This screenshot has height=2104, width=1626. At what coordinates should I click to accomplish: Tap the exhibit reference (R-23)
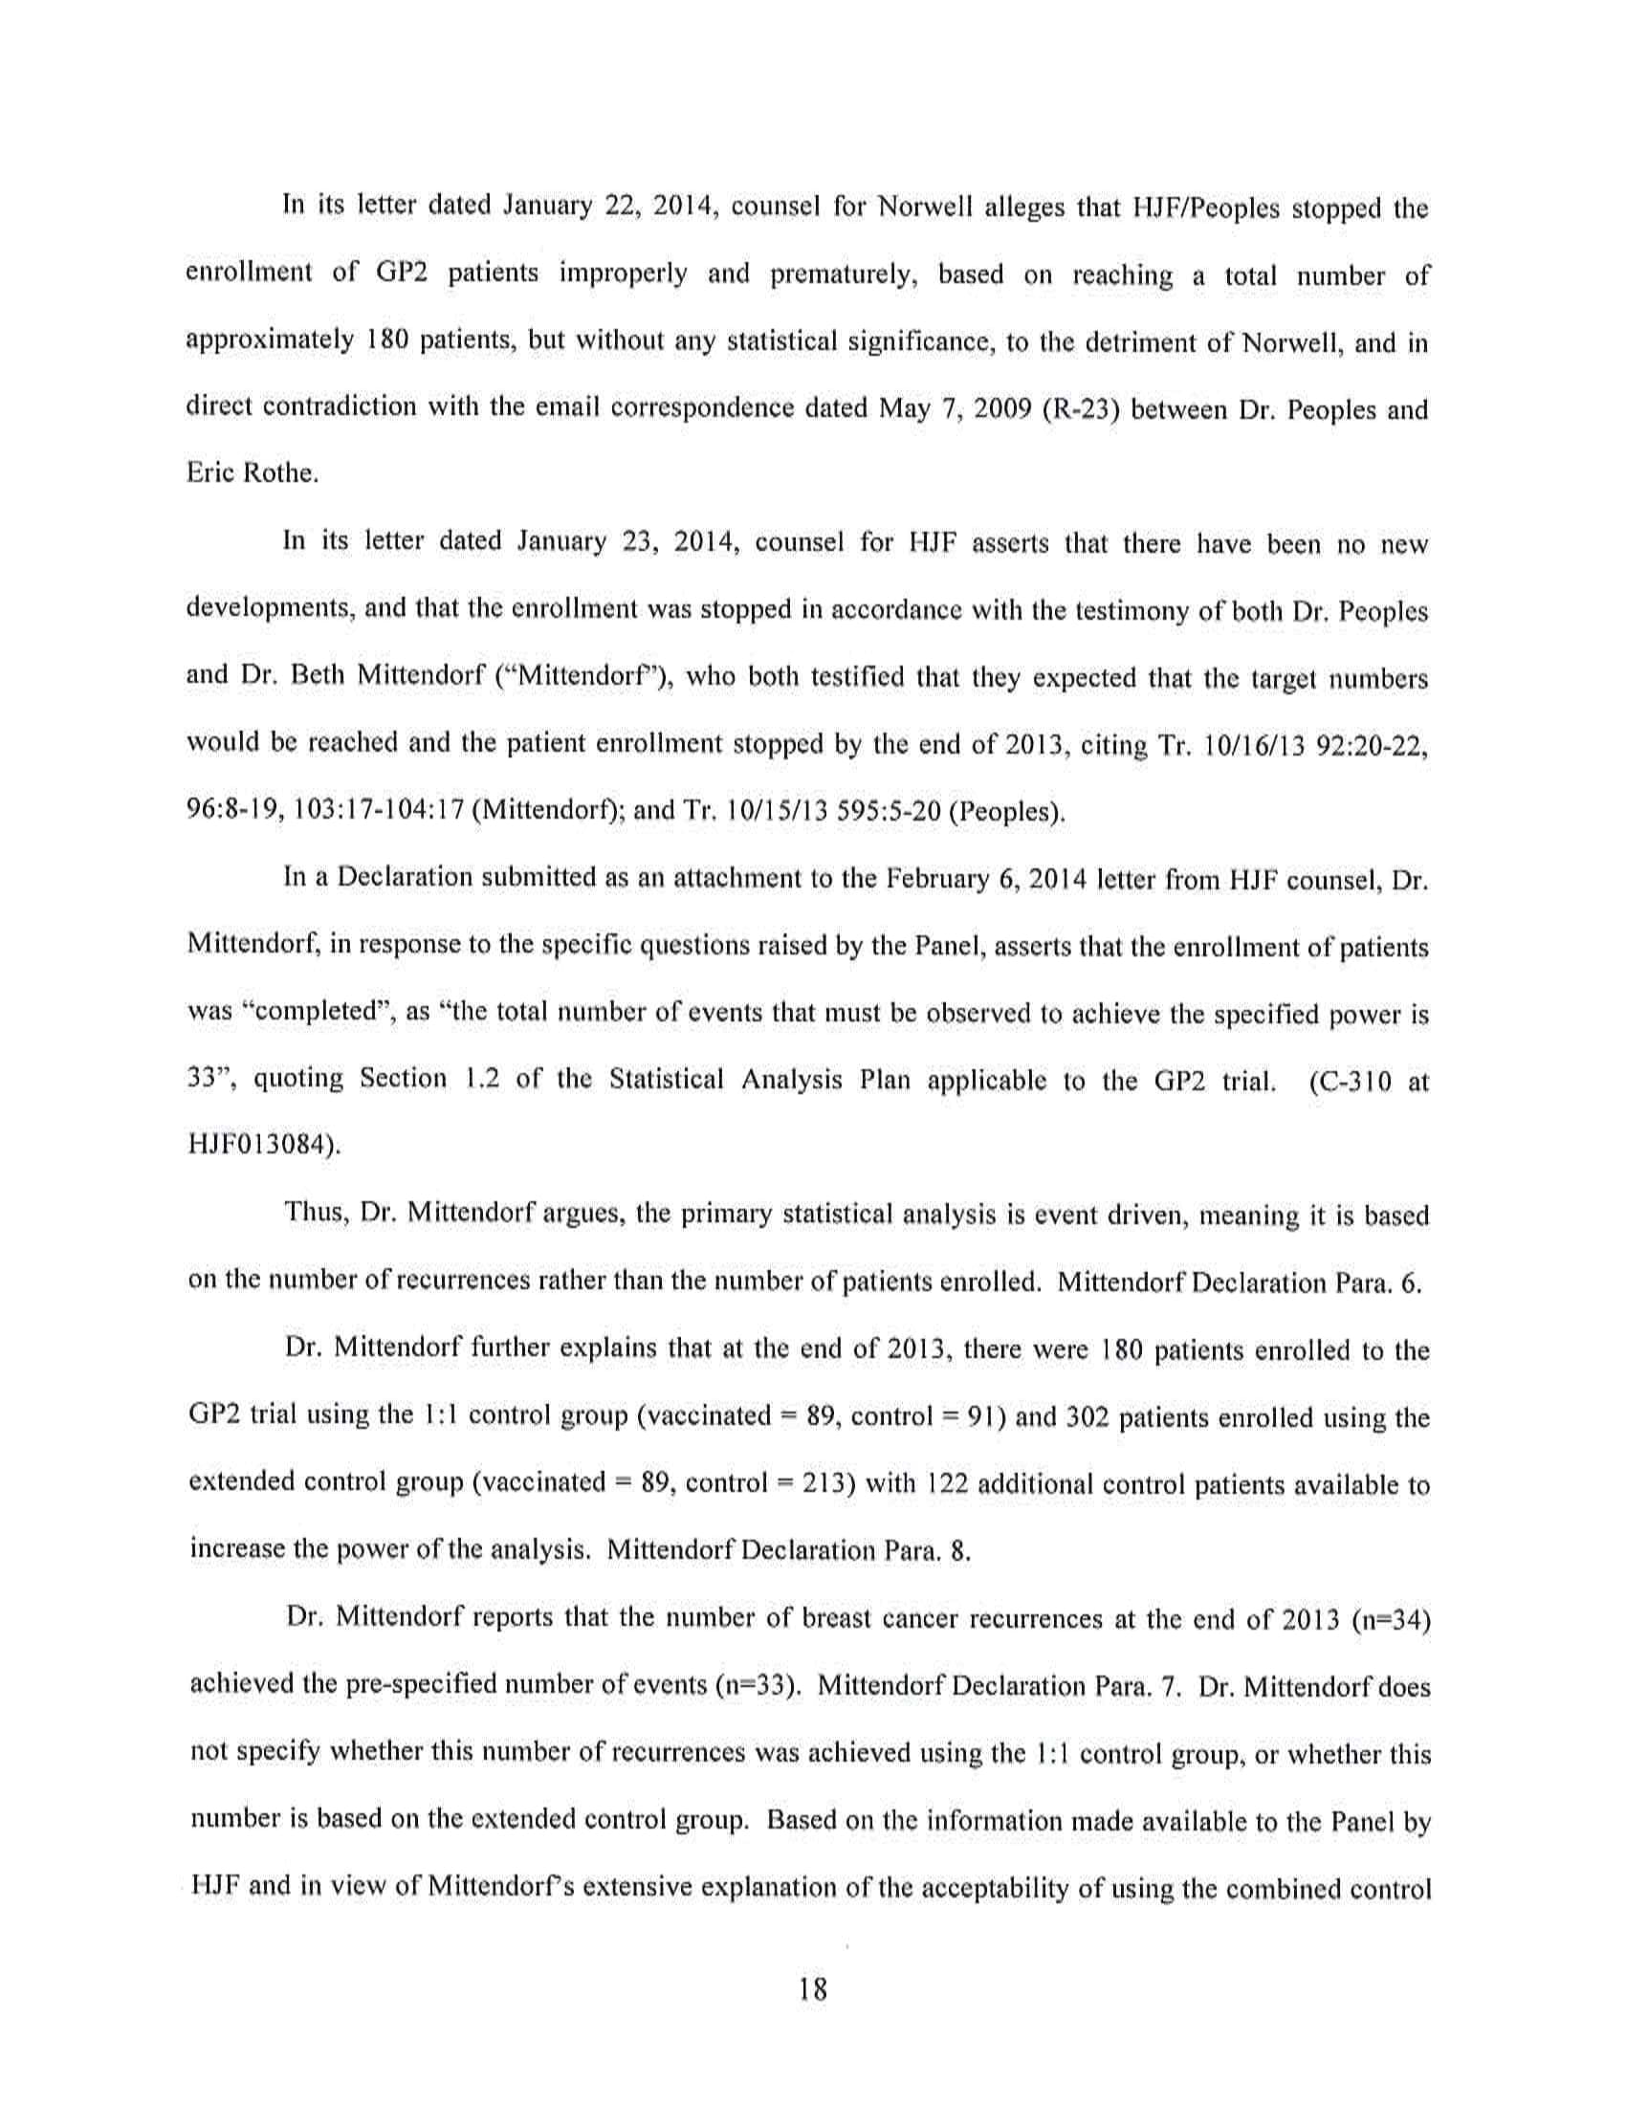tap(1078, 409)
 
